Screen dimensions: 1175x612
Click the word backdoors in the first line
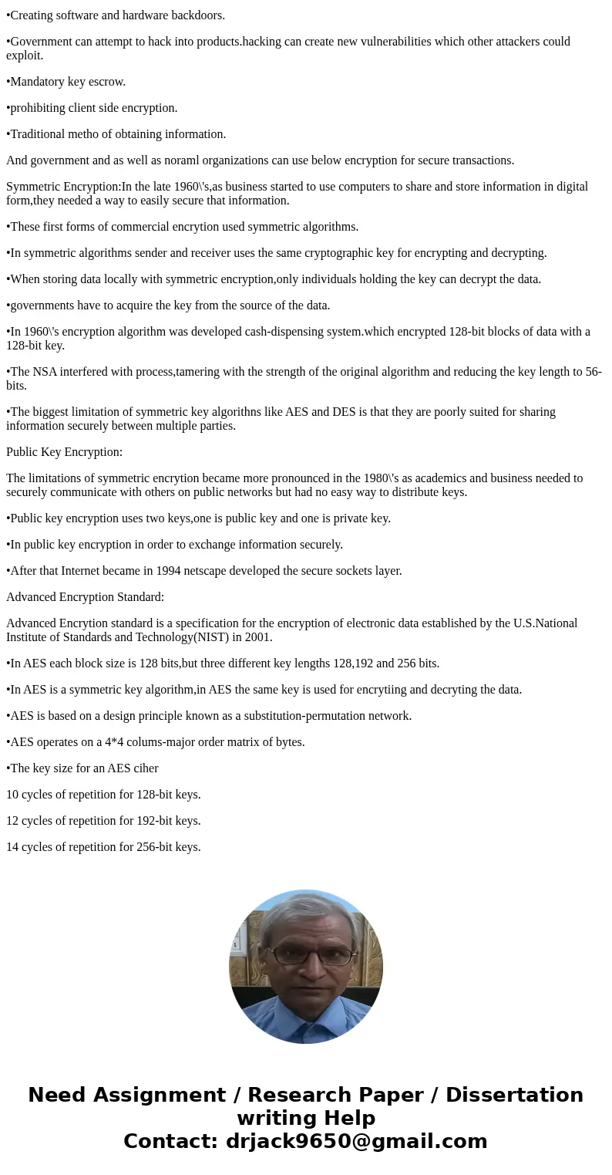click(x=198, y=15)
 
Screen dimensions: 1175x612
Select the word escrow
click(x=107, y=82)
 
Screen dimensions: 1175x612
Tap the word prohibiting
click(x=40, y=108)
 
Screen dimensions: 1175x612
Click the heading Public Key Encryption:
click(x=64, y=452)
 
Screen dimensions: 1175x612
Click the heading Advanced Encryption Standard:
click(x=85, y=597)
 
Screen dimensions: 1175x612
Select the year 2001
click(x=257, y=637)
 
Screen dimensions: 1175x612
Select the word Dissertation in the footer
click(x=514, y=1096)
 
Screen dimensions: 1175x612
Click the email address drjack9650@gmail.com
click(x=356, y=1142)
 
